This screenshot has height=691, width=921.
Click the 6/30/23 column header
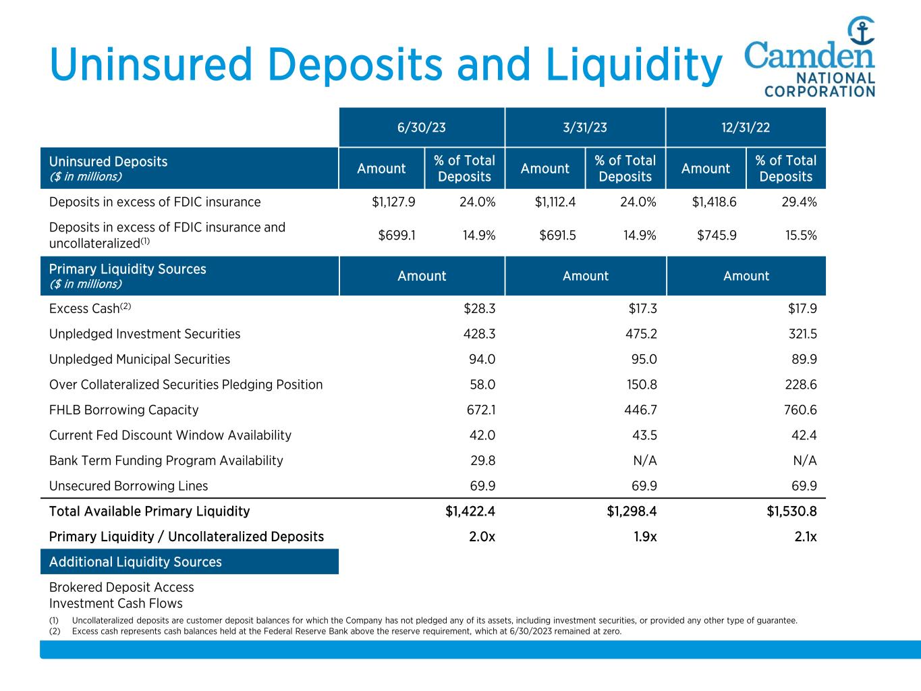point(422,128)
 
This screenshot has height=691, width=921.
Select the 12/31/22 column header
point(746,128)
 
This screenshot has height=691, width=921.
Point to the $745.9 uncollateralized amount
point(715,235)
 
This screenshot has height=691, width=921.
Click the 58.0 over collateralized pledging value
point(482,385)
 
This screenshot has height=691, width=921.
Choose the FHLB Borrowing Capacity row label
point(124,410)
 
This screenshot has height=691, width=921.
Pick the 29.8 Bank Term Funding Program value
point(482,460)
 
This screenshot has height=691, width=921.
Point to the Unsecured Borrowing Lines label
point(128,486)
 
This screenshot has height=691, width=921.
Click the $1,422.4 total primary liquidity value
point(470,511)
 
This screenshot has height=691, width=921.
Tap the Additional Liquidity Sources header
point(135,561)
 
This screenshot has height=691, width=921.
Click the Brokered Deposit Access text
point(121,587)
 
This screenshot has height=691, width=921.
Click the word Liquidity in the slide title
point(634,65)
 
